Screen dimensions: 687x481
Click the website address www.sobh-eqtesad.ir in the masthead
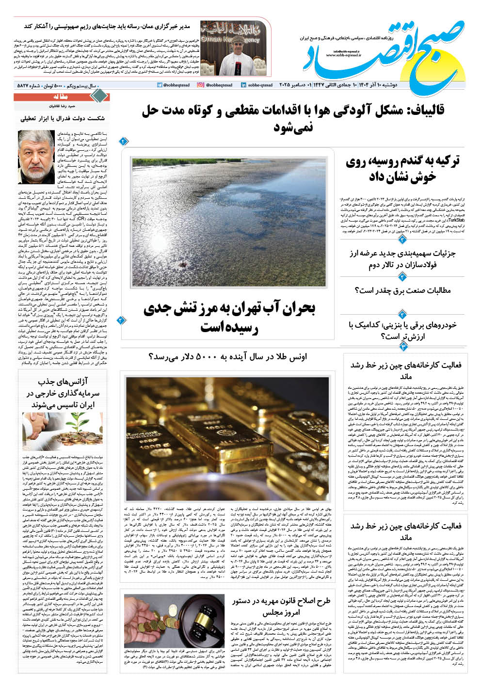tap(345, 55)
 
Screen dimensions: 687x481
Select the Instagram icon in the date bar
tap(200, 85)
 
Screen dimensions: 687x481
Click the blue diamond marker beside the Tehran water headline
tap(121, 320)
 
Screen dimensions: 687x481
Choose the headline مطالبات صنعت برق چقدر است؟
tap(409, 291)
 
